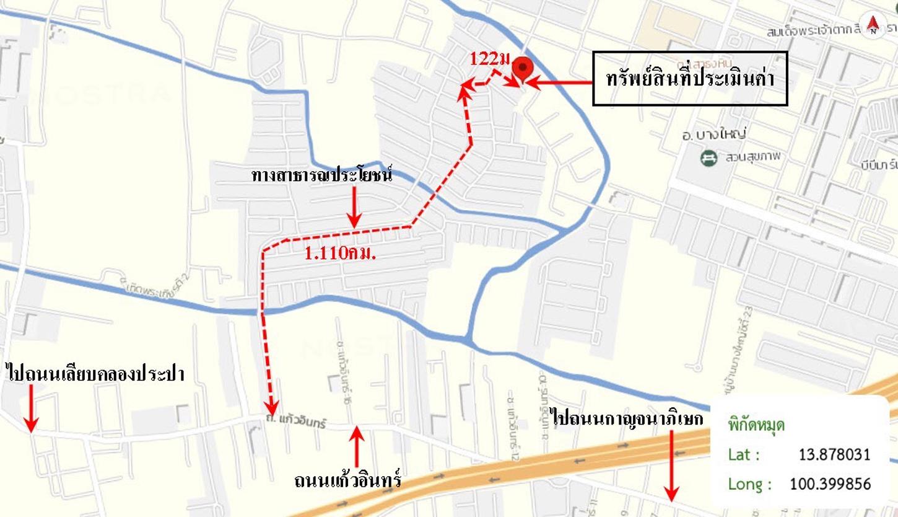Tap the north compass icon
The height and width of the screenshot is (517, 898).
click(x=873, y=25)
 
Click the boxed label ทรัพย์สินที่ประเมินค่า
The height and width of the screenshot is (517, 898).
click(x=690, y=78)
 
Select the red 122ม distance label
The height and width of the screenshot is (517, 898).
click(x=489, y=59)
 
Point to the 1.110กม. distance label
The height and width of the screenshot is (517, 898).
click(x=341, y=253)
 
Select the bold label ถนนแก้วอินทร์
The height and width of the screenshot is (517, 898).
click(x=348, y=480)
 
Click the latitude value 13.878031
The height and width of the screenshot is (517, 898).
click(x=834, y=454)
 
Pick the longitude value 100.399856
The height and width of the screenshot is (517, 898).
click(x=830, y=484)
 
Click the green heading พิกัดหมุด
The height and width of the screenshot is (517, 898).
click(x=756, y=425)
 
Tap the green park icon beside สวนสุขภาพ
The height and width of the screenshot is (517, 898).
click(x=708, y=158)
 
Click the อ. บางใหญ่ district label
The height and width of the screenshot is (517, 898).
click(x=714, y=135)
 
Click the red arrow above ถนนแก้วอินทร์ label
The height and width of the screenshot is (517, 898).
click(x=357, y=448)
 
